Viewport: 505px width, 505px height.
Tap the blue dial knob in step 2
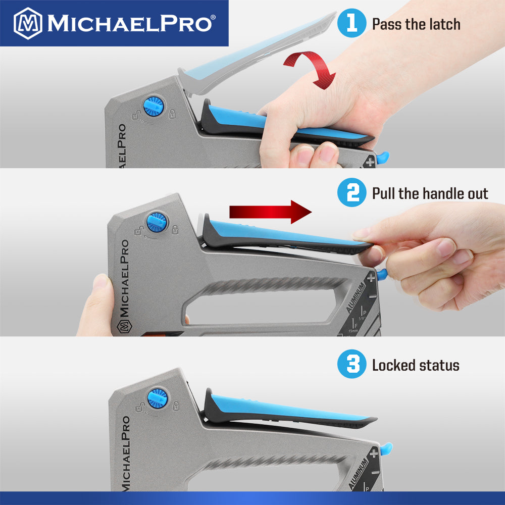pos(157,222)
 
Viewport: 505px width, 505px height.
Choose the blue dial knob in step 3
pos(158,398)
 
